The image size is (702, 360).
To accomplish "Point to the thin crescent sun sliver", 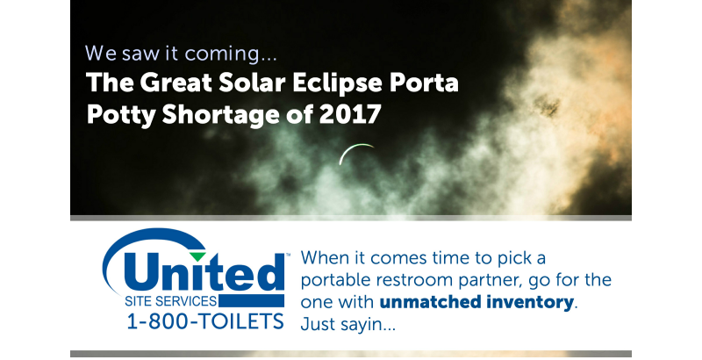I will [x=355, y=153].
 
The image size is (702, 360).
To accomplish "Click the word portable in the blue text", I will [x=340, y=281].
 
